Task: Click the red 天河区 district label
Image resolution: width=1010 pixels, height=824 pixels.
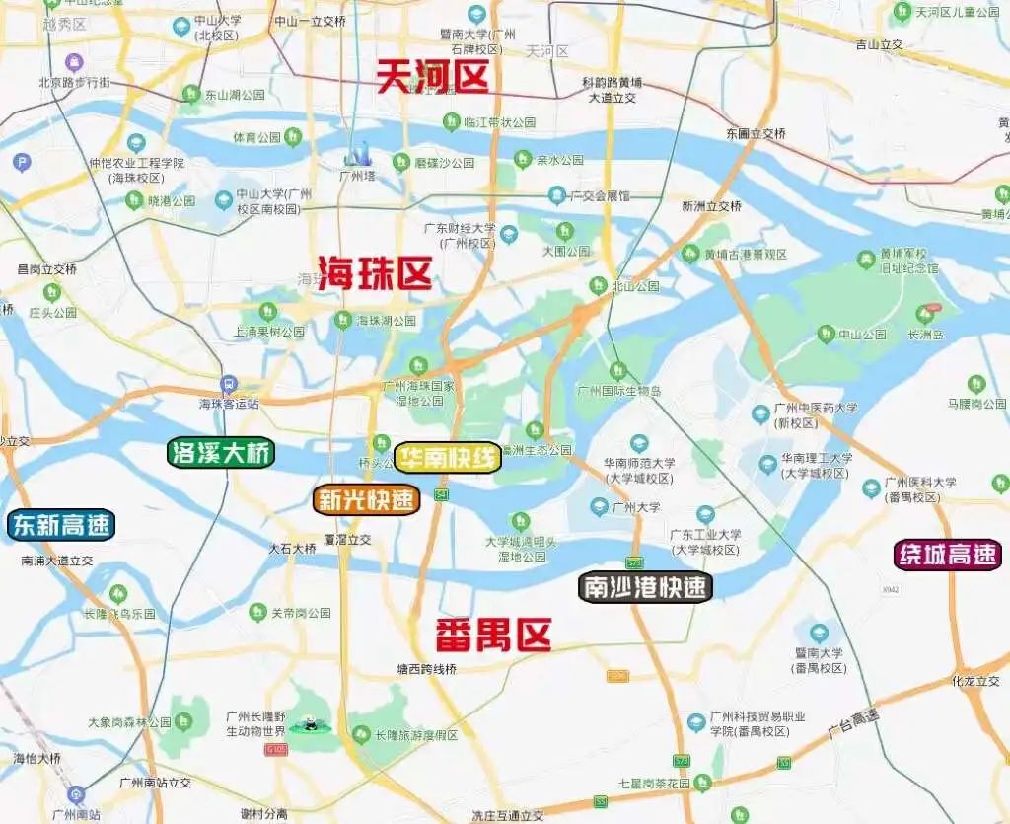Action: [432, 77]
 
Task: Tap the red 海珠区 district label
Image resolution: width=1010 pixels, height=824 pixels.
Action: [375, 273]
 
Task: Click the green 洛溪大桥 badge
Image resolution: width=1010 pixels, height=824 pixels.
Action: [221, 453]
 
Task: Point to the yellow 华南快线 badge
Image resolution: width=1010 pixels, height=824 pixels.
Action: [448, 458]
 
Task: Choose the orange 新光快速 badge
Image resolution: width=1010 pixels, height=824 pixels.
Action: [367, 500]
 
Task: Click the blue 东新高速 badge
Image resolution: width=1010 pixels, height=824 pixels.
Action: [61, 525]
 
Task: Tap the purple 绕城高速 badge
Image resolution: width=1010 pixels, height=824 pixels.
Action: [947, 555]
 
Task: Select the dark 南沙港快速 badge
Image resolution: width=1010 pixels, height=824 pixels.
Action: [644, 587]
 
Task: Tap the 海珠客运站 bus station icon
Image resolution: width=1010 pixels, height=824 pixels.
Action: [229, 385]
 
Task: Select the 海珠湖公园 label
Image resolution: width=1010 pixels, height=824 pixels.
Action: [386, 321]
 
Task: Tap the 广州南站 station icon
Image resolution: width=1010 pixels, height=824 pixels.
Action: [76, 794]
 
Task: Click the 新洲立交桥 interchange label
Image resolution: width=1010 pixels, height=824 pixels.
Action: [710, 206]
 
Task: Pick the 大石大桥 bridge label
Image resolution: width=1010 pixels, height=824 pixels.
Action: [292, 548]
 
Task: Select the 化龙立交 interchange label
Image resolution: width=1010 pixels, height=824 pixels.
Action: [975, 681]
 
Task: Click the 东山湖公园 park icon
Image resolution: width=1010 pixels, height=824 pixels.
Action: [190, 95]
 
